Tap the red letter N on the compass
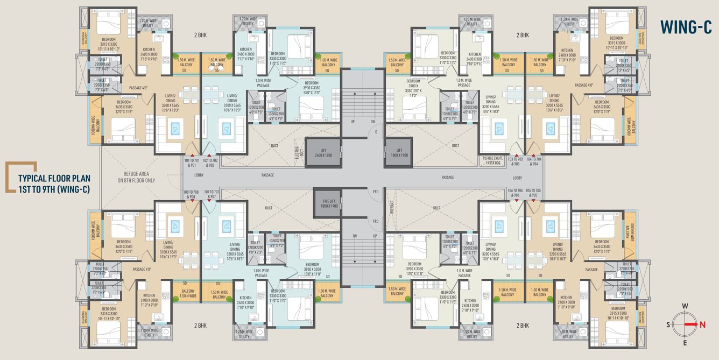(x=702, y=324)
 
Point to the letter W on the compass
(x=685, y=307)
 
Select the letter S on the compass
(x=668, y=324)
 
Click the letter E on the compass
(x=685, y=342)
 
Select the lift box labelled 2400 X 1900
(x=323, y=152)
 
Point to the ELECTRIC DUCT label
(x=297, y=152)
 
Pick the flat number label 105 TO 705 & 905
(x=534, y=193)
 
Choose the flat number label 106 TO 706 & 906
(x=514, y=193)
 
